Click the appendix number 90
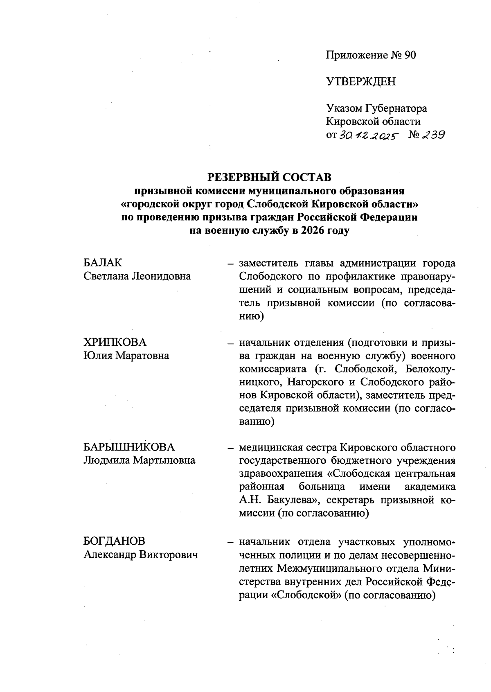click(x=410, y=55)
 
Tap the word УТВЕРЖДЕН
click(x=361, y=82)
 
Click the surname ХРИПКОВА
click(x=115, y=342)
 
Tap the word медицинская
click(x=271, y=447)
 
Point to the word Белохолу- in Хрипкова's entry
click(x=430, y=369)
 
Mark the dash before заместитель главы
click(x=231, y=264)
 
